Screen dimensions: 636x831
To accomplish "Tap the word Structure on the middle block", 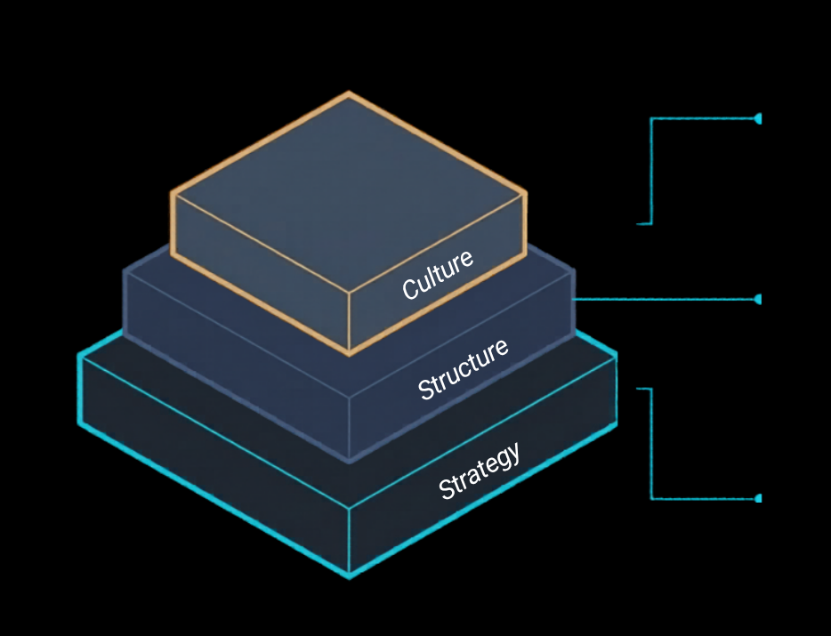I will coord(464,368).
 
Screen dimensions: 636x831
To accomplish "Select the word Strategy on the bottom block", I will coord(480,471).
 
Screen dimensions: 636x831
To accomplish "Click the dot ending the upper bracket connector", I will coord(758,118).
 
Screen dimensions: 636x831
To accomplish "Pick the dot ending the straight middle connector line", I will coord(758,300).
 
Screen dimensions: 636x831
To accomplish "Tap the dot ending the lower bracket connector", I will coord(758,499).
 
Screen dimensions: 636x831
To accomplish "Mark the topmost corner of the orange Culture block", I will coord(348,93).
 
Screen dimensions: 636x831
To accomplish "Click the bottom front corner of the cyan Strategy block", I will coord(349,576).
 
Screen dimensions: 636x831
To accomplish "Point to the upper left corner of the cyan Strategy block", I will coord(80,356).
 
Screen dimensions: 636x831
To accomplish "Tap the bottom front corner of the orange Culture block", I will coord(349,354).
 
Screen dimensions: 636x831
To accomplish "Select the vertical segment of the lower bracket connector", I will coord(652,443).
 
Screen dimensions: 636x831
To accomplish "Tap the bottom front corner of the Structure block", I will coord(349,461).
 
